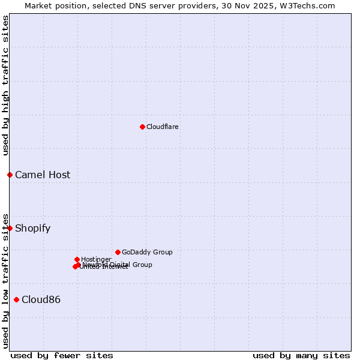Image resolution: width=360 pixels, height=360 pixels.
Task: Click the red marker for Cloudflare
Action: point(142,127)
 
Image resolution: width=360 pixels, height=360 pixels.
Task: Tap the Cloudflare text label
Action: point(163,127)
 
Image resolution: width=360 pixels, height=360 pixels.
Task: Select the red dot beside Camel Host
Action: point(10,175)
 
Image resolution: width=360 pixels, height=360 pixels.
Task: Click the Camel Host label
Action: point(43,175)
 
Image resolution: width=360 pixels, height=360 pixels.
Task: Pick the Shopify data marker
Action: point(10,228)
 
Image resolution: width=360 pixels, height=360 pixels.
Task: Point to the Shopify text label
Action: point(33,229)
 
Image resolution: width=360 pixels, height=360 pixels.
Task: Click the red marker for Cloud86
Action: point(16,299)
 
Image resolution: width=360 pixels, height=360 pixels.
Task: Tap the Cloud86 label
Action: point(41,300)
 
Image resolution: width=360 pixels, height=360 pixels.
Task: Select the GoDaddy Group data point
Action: point(118,252)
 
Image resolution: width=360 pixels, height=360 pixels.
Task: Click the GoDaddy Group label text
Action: point(147,252)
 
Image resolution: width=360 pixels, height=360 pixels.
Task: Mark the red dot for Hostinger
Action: point(77,259)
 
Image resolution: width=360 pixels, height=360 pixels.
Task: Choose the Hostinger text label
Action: point(96,259)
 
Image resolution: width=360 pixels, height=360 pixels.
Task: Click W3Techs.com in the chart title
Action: point(305,5)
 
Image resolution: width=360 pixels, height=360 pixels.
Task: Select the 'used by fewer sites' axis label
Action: point(62,355)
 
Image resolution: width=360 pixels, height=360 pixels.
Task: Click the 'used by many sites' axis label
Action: point(301,355)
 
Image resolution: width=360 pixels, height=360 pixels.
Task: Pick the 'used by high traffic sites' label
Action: point(6,85)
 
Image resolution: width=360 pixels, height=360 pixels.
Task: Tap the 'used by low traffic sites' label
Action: point(6,281)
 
